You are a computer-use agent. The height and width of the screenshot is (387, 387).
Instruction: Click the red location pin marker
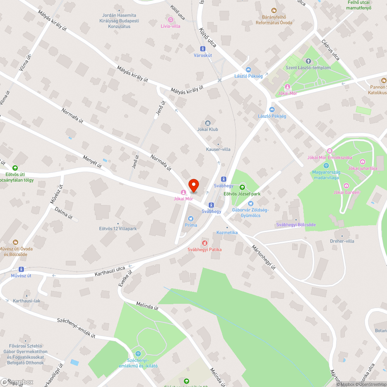[x=193, y=186]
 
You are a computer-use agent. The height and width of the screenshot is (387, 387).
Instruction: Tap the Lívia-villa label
[x=170, y=26]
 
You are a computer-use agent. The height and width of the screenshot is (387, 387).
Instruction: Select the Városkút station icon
[x=202, y=49]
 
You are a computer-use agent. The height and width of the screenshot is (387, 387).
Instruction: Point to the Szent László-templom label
[x=308, y=68]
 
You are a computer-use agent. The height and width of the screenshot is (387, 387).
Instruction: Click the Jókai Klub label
[x=208, y=129]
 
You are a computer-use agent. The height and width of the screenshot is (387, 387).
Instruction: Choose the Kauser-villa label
[x=218, y=149]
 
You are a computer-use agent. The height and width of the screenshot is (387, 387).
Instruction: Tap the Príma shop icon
[x=190, y=219]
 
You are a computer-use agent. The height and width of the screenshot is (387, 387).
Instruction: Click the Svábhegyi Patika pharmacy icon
[x=204, y=243]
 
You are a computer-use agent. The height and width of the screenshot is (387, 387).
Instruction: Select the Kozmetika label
[x=227, y=233]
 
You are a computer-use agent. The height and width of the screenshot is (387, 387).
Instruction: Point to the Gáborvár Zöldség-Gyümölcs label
[x=250, y=212]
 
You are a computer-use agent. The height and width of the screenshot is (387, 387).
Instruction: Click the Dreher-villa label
[x=342, y=241]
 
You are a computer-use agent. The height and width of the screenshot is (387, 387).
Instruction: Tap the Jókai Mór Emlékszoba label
[x=329, y=157]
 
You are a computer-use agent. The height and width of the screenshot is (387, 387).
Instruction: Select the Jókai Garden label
[x=346, y=192]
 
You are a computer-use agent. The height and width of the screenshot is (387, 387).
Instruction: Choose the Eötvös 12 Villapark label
[x=118, y=229]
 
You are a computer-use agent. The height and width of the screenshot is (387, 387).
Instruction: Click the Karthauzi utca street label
[x=110, y=271]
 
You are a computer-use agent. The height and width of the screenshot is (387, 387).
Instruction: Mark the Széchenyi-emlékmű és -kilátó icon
[x=138, y=354]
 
